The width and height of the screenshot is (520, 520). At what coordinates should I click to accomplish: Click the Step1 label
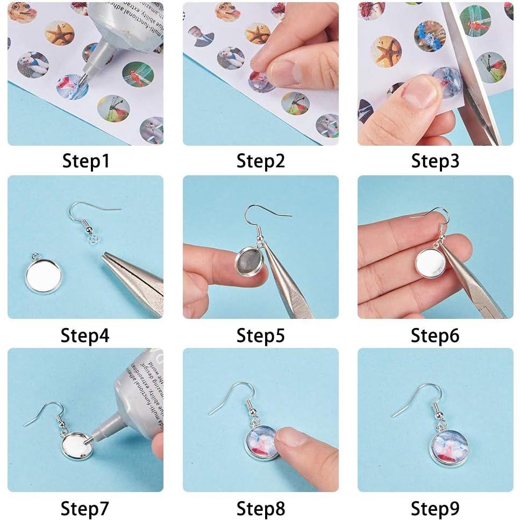86,161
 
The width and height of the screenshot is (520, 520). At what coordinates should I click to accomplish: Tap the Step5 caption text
260,336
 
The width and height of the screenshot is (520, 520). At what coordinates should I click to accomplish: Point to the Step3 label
435,161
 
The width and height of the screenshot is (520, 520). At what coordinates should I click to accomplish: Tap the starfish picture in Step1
59,33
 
